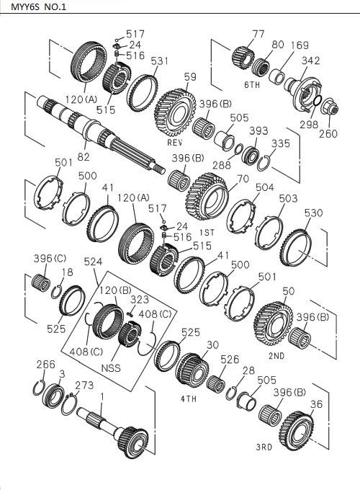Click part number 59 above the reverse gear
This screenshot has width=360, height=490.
(x=190, y=77)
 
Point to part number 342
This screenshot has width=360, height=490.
(x=311, y=61)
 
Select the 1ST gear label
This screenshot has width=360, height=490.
(x=207, y=232)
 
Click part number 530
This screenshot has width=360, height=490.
(x=313, y=213)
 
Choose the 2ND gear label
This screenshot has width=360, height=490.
(x=276, y=355)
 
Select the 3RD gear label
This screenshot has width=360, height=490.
(x=264, y=447)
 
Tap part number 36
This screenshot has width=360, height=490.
(x=316, y=405)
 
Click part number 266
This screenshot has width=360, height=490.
(x=45, y=364)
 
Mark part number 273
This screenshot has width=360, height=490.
(x=84, y=386)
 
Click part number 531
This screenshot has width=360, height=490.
(x=159, y=61)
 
